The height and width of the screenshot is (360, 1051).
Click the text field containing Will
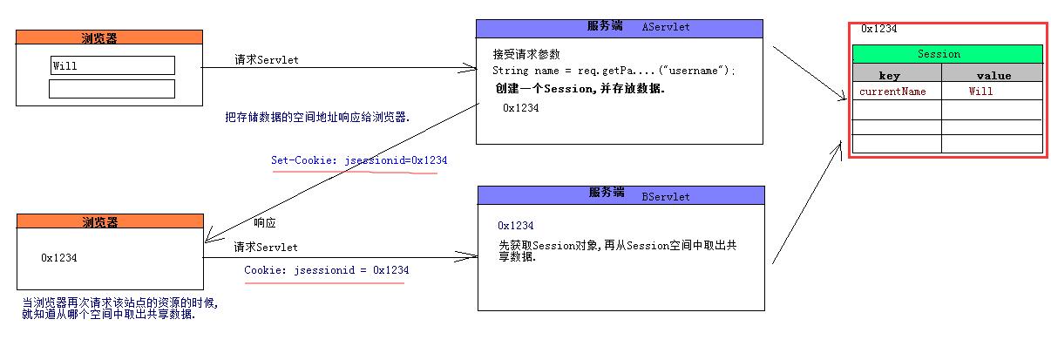(x=112, y=65)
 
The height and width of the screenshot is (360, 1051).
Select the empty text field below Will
(x=112, y=89)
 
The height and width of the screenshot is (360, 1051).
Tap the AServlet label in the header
(x=666, y=27)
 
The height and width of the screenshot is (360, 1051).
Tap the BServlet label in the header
(x=666, y=196)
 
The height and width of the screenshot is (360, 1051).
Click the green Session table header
(x=947, y=54)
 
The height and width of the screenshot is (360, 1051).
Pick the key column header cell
(x=897, y=76)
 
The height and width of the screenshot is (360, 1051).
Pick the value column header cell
(x=993, y=76)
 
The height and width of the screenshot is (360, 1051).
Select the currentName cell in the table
(x=892, y=91)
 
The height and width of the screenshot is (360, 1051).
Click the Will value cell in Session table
(x=980, y=91)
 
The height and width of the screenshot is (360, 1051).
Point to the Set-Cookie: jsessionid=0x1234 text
(x=359, y=161)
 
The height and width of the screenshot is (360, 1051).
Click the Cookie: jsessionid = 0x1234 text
(x=326, y=270)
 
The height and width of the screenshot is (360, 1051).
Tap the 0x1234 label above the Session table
(x=878, y=29)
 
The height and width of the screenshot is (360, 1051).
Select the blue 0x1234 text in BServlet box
(x=515, y=226)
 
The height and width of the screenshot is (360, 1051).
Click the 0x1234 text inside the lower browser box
(x=59, y=258)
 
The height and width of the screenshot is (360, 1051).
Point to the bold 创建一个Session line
(x=580, y=89)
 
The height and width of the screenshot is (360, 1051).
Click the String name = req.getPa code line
(x=614, y=71)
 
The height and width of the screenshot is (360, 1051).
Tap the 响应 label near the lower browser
(x=265, y=222)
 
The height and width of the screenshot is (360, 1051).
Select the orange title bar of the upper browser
(x=110, y=37)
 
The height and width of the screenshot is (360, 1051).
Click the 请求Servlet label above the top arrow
(x=267, y=60)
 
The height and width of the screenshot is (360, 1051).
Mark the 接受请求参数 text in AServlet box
(x=525, y=54)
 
